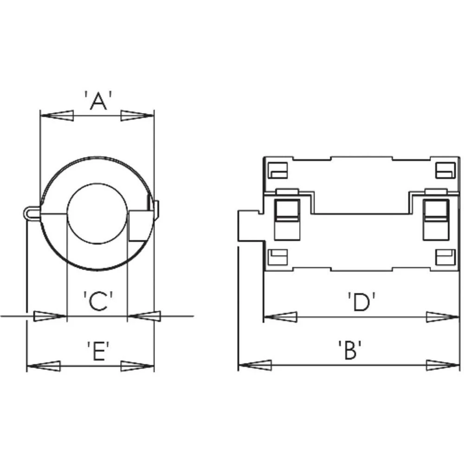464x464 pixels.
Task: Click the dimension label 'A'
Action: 98,101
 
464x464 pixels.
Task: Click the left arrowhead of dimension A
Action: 57,116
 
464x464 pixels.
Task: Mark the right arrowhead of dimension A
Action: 137,116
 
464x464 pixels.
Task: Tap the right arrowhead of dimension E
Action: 137,366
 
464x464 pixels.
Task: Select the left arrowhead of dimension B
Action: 255,365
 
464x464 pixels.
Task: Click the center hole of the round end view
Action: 97,214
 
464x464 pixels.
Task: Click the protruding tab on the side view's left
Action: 250,226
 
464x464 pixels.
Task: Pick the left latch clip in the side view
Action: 287,214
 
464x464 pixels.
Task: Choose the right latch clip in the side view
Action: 436,214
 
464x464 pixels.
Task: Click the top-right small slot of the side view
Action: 445,170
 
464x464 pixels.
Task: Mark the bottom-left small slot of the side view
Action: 278,257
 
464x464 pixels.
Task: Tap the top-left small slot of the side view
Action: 278,170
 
